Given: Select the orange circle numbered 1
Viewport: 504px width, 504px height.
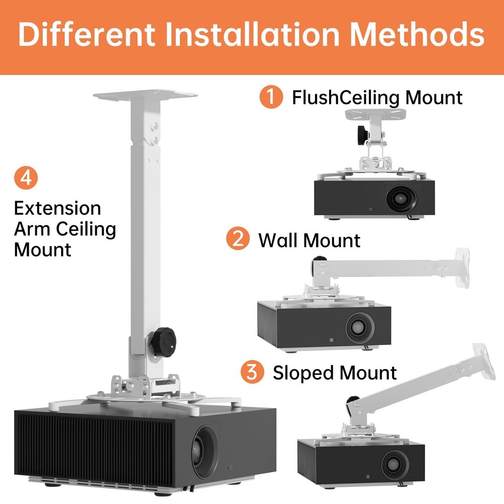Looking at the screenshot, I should [x=272, y=96].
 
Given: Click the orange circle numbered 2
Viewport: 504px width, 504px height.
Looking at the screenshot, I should [x=238, y=238].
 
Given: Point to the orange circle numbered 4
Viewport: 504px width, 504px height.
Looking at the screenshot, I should [x=26, y=178].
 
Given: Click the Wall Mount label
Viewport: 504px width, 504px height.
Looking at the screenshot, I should [x=309, y=240].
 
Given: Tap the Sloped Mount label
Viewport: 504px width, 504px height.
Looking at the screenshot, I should [x=335, y=373].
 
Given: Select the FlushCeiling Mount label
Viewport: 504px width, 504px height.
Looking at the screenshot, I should [x=377, y=97].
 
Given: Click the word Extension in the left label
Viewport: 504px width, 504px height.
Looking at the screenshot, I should [x=57, y=208].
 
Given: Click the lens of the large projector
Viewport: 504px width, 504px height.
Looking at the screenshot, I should [x=207, y=446].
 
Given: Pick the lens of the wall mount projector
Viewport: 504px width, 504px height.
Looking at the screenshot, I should [x=359, y=326].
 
